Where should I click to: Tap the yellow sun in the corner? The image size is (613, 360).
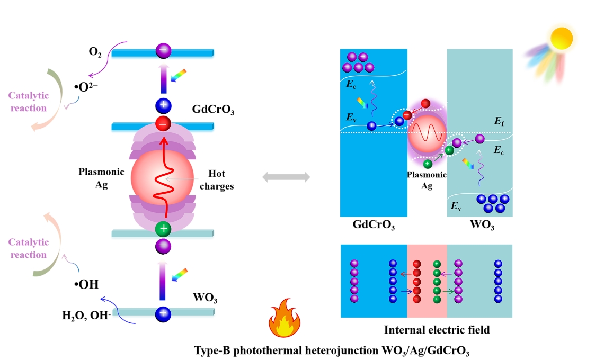[561, 38]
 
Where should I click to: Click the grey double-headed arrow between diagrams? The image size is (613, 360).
[287, 178]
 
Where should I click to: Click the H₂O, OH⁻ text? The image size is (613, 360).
[85, 316]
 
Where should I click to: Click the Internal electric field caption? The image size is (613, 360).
[436, 330]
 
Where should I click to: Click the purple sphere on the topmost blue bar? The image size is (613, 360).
[163, 51]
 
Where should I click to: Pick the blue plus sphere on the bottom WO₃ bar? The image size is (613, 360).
[163, 314]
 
